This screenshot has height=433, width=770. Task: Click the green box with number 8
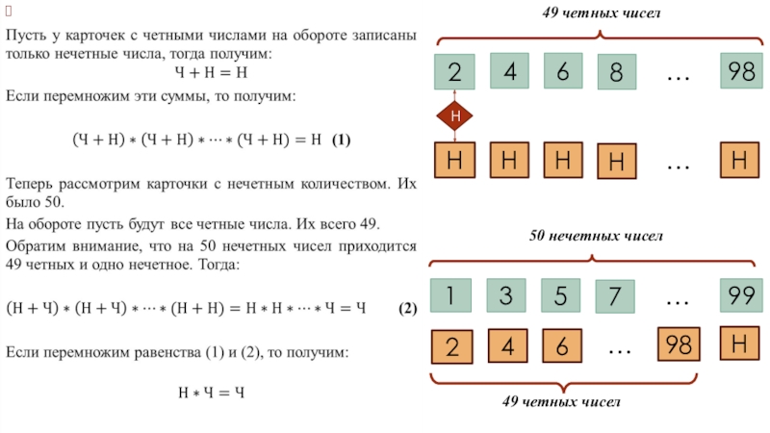click(x=615, y=73)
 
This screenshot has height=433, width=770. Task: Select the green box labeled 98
click(x=740, y=71)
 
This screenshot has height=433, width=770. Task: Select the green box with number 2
click(x=454, y=72)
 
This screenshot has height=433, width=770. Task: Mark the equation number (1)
click(x=342, y=140)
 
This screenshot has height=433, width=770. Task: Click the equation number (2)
click(x=407, y=308)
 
